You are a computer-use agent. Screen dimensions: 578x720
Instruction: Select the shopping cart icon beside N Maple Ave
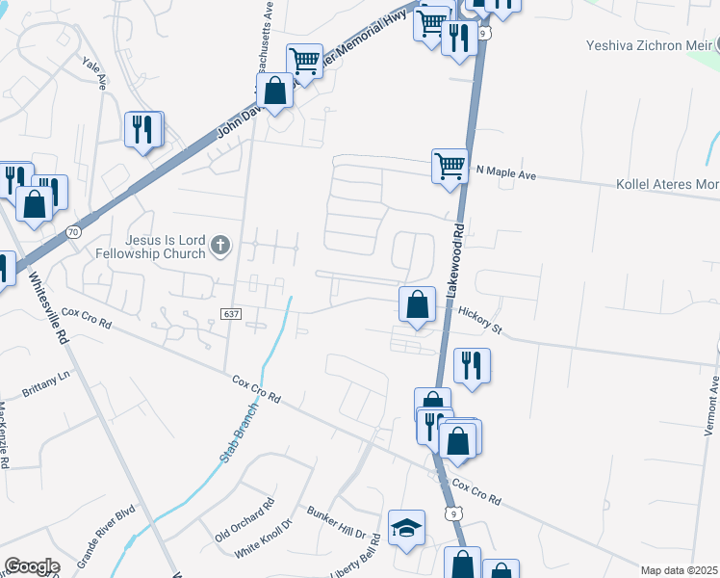pos(450,166)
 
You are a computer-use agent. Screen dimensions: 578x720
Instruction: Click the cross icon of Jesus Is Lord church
pos(220,246)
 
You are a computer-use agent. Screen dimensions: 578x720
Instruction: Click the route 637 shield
pos(230,314)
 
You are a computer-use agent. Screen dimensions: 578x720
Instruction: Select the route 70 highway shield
pos(73,232)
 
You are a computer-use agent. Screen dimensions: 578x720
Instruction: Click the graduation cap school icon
pos(406,527)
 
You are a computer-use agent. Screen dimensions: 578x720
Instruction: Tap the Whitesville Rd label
pos(47,307)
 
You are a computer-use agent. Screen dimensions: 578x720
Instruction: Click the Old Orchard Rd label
pos(245,518)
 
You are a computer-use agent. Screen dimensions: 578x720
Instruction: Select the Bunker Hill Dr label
pos(337,522)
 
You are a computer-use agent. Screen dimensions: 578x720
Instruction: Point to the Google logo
pos(32,566)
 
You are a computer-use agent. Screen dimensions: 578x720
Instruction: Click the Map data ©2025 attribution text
pos(678,570)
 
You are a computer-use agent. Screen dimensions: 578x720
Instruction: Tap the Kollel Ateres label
pos(666,184)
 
